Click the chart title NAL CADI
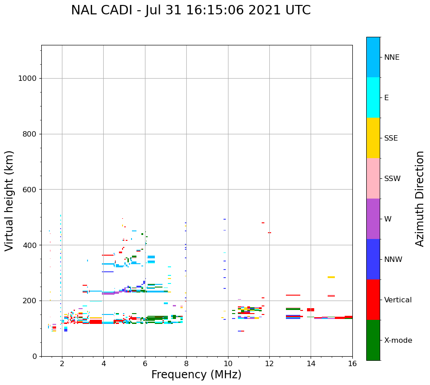pyautogui.click(x=191, y=10)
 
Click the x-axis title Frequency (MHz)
pyautogui.click(x=196, y=375)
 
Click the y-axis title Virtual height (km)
pyautogui.click(x=9, y=200)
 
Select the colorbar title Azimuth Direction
pyautogui.click(x=420, y=198)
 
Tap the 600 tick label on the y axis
pyautogui.click(x=29, y=190)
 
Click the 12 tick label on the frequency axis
pyautogui.click(x=269, y=363)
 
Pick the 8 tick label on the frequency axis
pyautogui.click(x=186, y=363)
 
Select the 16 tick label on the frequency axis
pyautogui.click(x=352, y=363)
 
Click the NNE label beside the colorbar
pyautogui.click(x=391, y=58)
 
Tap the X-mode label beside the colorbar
pyautogui.click(x=398, y=341)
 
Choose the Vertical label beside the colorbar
pyautogui.click(x=398, y=300)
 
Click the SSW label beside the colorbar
pyautogui.click(x=392, y=179)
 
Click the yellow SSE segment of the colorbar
pyautogui.click(x=373, y=138)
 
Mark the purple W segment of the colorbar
pyautogui.click(x=373, y=219)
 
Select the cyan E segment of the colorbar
pyautogui.click(x=373, y=97)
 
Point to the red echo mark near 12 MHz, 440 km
pyautogui.click(x=269, y=233)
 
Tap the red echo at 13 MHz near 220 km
pyautogui.click(x=293, y=295)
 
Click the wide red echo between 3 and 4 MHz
pyautogui.click(x=96, y=322)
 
